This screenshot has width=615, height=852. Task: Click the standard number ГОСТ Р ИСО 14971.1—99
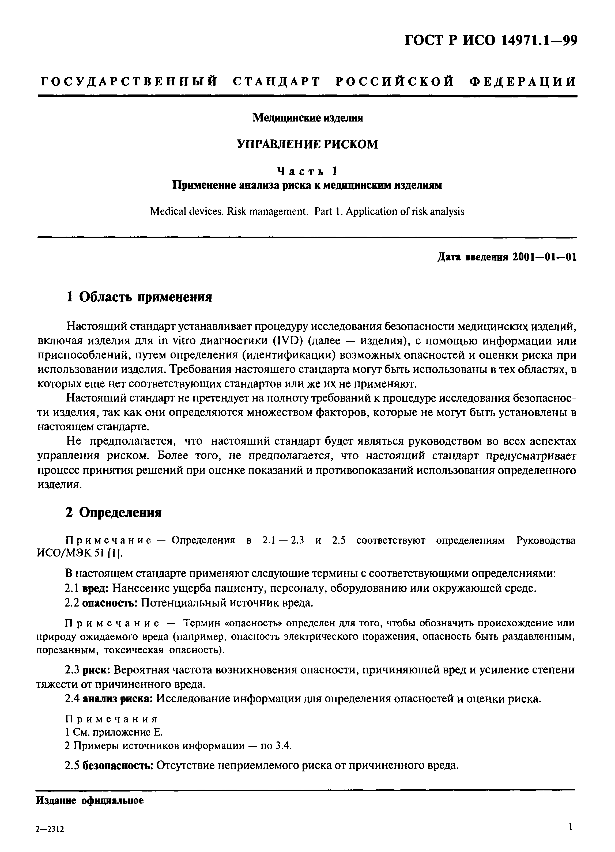[490, 40]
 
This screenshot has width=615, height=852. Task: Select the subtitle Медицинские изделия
[307, 118]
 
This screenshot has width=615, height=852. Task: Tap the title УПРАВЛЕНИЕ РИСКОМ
[307, 144]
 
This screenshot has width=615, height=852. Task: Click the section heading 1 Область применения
[139, 297]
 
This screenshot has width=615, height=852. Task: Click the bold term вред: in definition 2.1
[95, 588]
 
